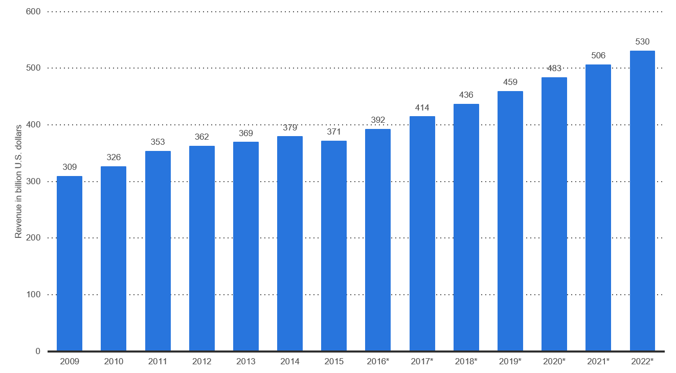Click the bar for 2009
[x=70, y=264]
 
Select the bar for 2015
[x=334, y=246]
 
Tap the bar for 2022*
[x=642, y=201]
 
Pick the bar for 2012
[x=202, y=248]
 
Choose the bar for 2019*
[x=510, y=221]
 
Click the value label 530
[x=642, y=41]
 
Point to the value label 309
[x=70, y=167]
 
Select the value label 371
[x=334, y=131]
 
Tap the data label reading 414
[x=422, y=107]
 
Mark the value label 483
[x=554, y=68]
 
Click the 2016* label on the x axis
[x=378, y=361]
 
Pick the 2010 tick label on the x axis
[x=114, y=361]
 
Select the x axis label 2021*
[x=598, y=361]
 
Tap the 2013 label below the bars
[x=245, y=361]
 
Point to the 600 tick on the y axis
[x=33, y=11]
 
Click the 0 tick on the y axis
[x=38, y=351]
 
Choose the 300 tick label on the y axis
[x=33, y=181]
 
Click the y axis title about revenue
[x=18, y=181]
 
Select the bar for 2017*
[x=422, y=233]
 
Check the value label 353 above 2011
[x=157, y=142]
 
